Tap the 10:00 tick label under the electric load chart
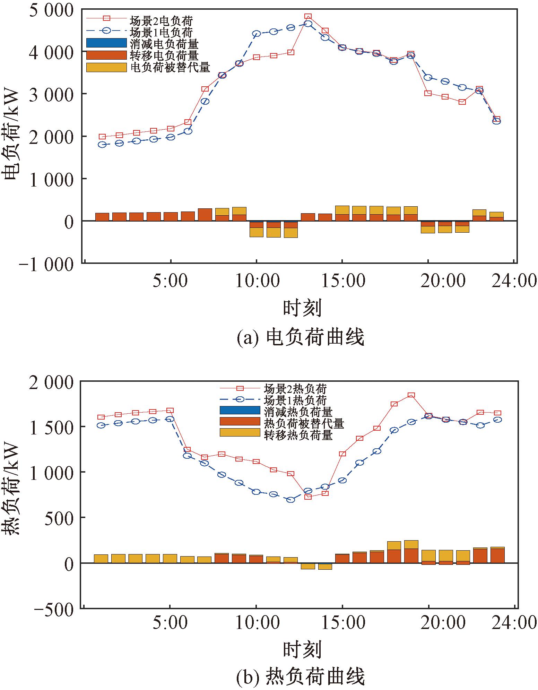click(257, 281)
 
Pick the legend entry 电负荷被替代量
click(170, 67)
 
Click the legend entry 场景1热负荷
click(295, 400)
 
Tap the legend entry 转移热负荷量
click(298, 434)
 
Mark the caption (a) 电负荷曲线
click(300, 337)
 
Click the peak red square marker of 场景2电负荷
click(308, 17)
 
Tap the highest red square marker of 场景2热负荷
click(411, 395)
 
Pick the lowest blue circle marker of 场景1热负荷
click(291, 500)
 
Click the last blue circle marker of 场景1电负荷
click(496, 121)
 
